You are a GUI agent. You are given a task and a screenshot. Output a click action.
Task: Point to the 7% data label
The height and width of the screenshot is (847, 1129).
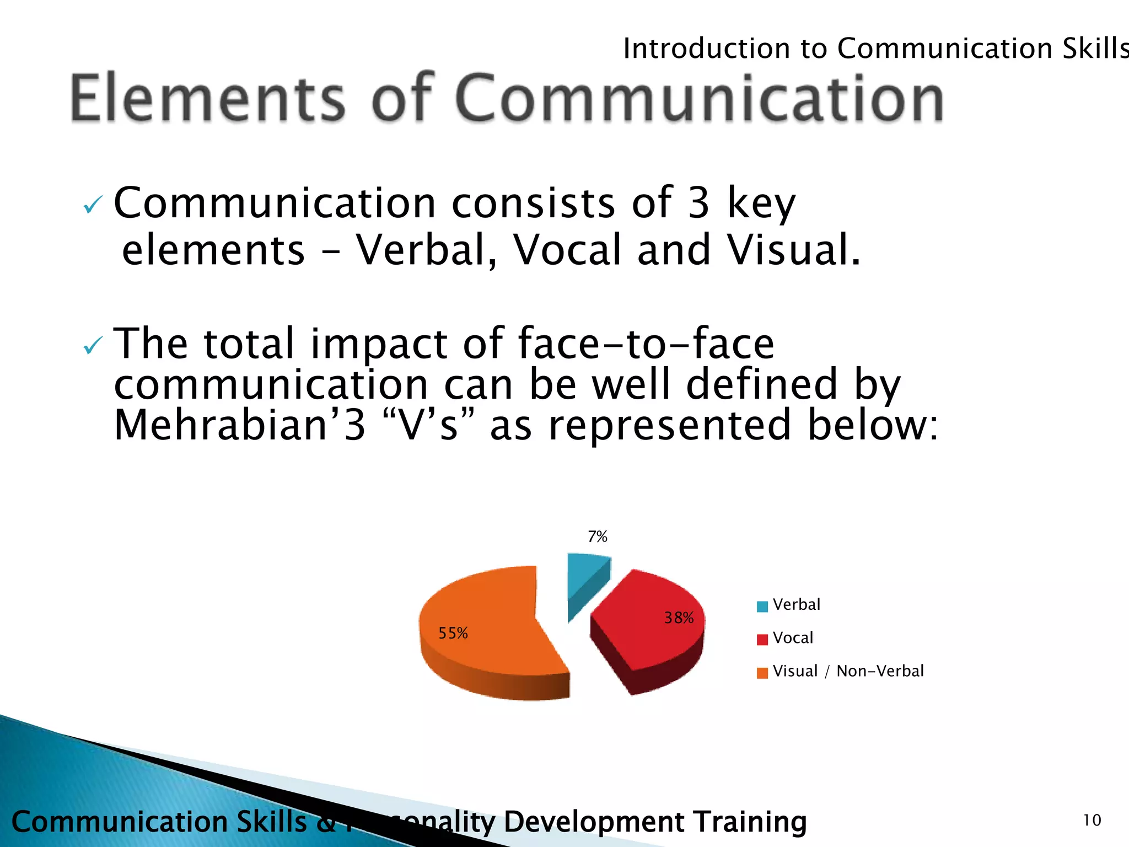point(598,537)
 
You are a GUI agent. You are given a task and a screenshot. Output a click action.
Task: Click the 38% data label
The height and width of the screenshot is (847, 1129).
point(679,618)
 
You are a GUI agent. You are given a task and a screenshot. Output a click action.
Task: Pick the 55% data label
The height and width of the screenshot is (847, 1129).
point(453,633)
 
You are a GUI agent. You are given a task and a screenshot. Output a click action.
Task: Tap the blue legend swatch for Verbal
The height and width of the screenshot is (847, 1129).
point(762,607)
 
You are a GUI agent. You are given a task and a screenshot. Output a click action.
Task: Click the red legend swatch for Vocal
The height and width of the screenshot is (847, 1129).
point(762,640)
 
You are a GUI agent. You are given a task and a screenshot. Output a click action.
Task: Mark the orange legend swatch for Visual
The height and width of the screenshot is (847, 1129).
point(762,673)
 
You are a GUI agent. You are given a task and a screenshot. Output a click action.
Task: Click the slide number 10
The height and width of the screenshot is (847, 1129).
point(1092,821)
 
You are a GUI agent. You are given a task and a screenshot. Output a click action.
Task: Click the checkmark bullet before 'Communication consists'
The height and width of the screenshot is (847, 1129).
point(92,206)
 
